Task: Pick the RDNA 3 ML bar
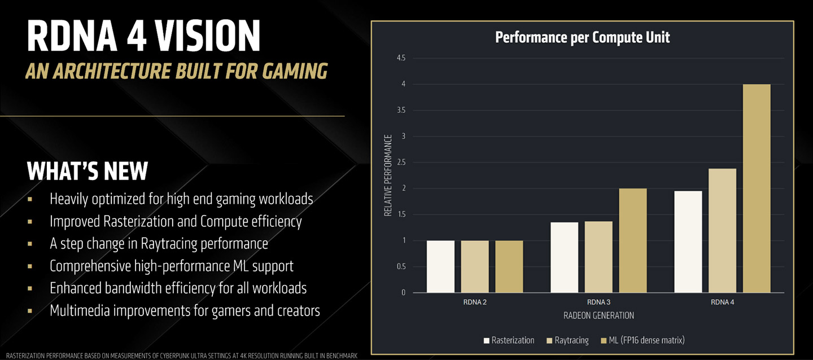tap(632, 240)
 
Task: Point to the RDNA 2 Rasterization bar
tap(440, 266)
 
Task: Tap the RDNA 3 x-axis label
tap(598, 302)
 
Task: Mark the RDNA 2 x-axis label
tap(474, 302)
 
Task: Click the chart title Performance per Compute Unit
tap(582, 38)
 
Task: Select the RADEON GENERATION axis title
tap(598, 315)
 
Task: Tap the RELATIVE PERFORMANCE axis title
tap(388, 175)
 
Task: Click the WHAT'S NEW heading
tap(88, 171)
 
